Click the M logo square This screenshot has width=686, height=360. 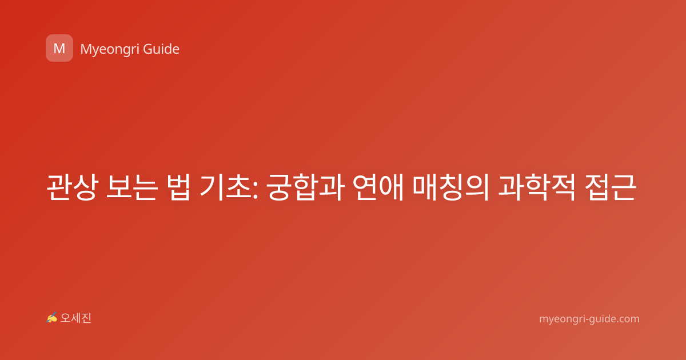(59, 48)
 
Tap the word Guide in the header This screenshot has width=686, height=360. (161, 49)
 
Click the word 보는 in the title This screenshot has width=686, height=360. (132, 187)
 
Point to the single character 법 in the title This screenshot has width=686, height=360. (178, 187)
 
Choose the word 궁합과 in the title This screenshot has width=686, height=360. (305, 187)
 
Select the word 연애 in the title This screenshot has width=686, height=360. (378, 187)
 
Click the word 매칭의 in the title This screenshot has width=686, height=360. (450, 187)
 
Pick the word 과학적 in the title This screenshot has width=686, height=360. (536, 187)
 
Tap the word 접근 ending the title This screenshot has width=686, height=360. (611, 187)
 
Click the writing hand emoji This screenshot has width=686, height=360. (52, 318)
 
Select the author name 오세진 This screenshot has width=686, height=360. (75, 318)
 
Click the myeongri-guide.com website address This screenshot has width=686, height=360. (589, 319)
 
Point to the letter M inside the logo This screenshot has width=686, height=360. (59, 49)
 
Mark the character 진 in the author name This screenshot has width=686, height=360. (86, 318)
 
